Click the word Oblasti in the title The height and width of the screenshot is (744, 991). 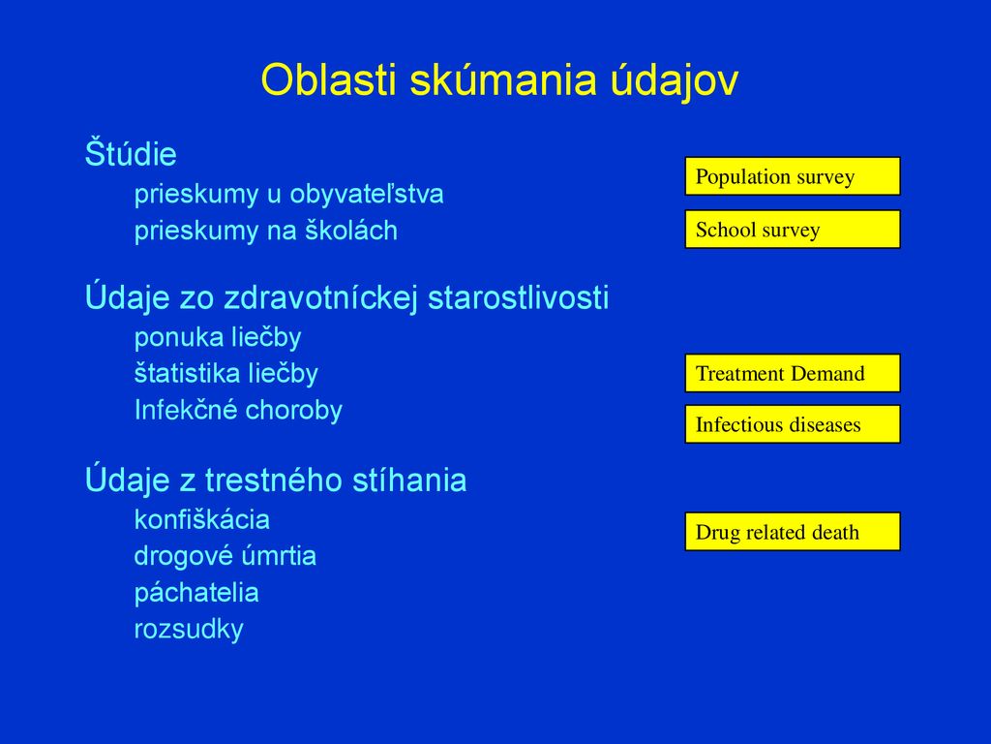tap(329, 80)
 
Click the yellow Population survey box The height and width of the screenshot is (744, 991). tap(793, 176)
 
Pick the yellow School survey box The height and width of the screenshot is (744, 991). tap(793, 229)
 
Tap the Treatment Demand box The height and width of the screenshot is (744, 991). tap(793, 373)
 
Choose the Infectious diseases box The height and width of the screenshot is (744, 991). tap(793, 424)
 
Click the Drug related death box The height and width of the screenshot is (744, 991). tap(793, 532)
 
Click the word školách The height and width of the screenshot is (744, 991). tap(351, 231)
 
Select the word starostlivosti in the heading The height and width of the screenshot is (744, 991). tap(519, 297)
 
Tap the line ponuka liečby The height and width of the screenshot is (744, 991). tap(218, 338)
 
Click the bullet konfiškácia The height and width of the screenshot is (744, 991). tap(202, 520)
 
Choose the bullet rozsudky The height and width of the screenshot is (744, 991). tap(189, 630)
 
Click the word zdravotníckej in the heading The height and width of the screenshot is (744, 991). tap(321, 297)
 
